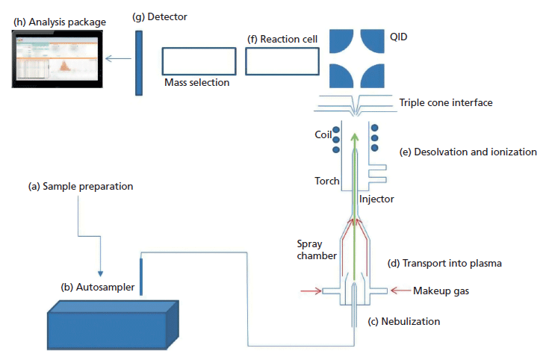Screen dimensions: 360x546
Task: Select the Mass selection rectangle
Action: tap(196, 60)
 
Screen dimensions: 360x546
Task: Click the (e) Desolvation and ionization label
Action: tap(468, 152)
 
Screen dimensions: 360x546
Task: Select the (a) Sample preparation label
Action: tap(77, 186)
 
